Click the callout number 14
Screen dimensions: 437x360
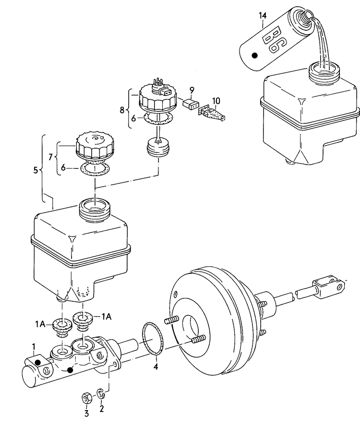262,16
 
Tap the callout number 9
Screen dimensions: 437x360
191,90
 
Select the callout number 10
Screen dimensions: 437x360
216,101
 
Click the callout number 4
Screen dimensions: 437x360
155,368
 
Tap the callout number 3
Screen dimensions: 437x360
87,413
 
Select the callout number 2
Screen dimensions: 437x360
102,409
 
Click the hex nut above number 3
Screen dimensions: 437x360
87,397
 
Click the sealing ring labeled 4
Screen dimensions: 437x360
153,339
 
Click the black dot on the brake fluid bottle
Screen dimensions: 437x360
255,56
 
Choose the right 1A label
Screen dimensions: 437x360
106,316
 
